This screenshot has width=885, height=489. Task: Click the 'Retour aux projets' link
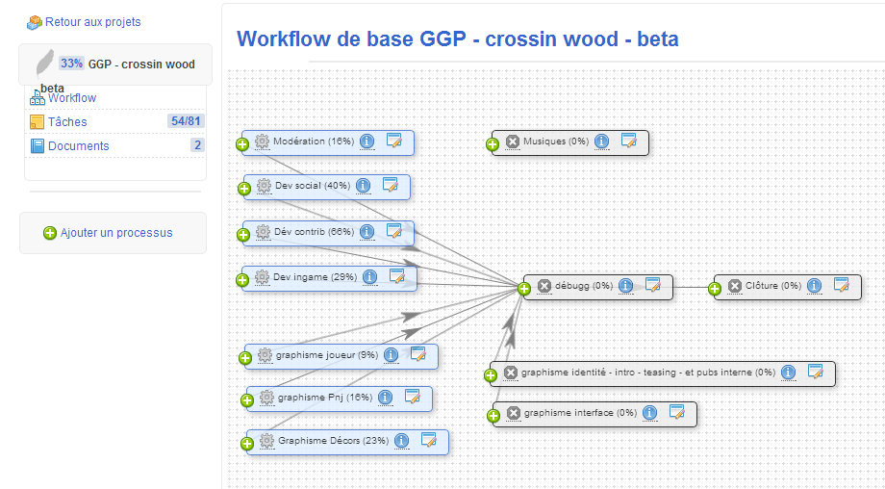(92, 22)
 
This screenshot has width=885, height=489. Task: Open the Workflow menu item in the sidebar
(72, 97)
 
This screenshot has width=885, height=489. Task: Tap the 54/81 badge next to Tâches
(186, 121)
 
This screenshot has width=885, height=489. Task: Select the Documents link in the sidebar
(79, 145)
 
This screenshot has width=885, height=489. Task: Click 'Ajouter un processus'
(116, 233)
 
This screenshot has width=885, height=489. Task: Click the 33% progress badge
(72, 64)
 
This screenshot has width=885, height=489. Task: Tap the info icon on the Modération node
(367, 142)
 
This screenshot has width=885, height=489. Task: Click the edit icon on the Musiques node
(629, 141)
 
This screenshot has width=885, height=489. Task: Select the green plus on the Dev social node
(243, 189)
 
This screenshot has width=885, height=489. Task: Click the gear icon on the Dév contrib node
(263, 232)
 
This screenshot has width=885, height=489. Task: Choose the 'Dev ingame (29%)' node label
(315, 276)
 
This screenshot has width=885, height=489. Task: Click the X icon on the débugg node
(544, 286)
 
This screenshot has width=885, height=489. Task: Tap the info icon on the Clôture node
(814, 286)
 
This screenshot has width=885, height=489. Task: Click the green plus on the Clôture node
(715, 290)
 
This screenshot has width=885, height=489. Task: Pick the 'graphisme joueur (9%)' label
(327, 355)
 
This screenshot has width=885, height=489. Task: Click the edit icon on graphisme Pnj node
(413, 397)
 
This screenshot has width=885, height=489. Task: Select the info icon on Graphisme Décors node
(401, 441)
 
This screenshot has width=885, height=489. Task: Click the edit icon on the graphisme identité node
(816, 372)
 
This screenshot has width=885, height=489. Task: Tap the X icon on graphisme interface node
(513, 413)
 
